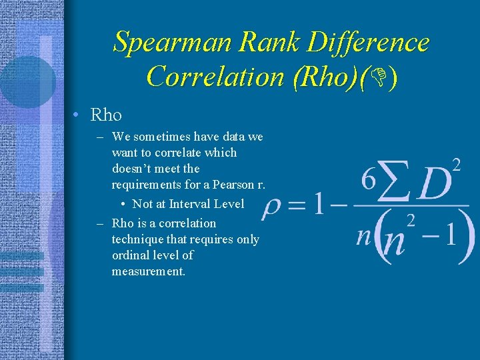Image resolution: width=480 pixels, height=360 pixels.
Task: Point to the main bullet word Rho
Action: (x=106, y=115)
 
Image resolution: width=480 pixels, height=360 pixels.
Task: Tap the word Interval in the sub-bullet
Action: (x=192, y=204)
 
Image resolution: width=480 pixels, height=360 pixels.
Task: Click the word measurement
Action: (x=148, y=271)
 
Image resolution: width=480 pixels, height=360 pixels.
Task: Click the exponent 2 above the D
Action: (x=457, y=164)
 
